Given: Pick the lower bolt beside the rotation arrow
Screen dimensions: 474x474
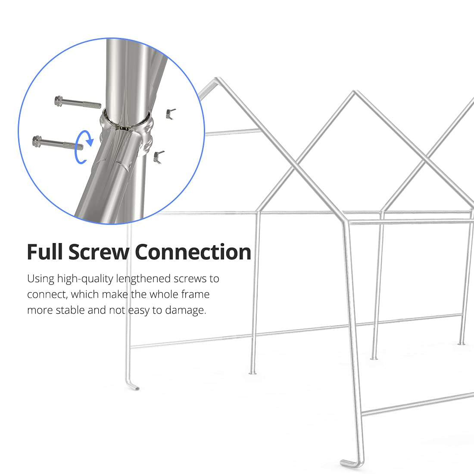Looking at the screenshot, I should pos(54,142).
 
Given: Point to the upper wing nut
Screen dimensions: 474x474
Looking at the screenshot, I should pos(170,113).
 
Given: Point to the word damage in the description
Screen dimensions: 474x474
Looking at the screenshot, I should pos(185,310).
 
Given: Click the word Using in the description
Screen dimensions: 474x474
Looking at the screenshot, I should pos(41,279).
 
